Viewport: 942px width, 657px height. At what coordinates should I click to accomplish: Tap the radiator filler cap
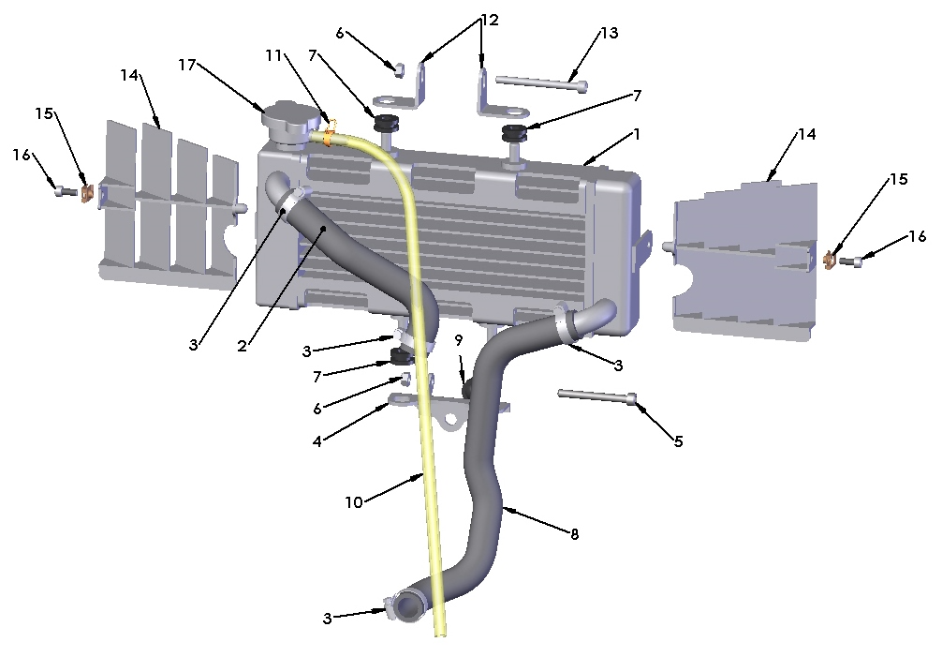pos(286,122)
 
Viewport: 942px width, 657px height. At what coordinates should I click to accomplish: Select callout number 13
pos(609,33)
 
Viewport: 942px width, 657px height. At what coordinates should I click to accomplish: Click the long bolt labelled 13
pos(541,84)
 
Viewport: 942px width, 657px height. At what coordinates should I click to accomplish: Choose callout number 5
pos(679,440)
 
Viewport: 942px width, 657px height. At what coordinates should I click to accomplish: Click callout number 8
pos(574,534)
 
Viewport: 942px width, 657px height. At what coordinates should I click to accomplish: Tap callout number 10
pos(353,502)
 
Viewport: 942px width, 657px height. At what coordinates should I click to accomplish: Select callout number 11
pos(273,55)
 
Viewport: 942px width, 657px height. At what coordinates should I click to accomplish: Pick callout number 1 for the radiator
pos(637,134)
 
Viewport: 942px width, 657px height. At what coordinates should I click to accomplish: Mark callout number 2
pos(242,346)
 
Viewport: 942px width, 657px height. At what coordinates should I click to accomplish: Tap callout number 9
pos(458,338)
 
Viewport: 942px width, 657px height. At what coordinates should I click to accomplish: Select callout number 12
pos(490,19)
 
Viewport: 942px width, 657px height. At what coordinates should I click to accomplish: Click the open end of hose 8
pos(408,611)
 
